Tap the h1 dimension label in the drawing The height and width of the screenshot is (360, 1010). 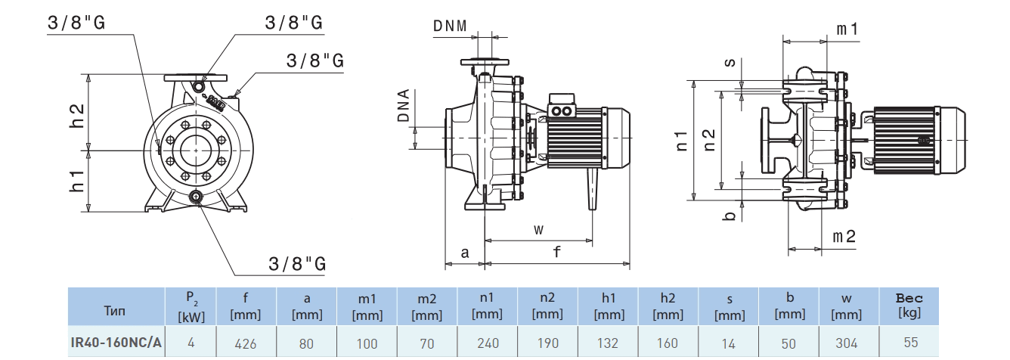(x=76, y=180)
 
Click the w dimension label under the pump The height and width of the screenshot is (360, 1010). (x=538, y=229)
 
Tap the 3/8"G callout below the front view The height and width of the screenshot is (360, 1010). (x=297, y=264)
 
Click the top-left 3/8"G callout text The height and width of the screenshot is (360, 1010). (x=76, y=23)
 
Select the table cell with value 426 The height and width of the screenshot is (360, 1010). (x=246, y=343)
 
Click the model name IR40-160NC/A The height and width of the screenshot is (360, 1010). (x=116, y=343)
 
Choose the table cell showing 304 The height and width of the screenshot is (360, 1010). (x=847, y=343)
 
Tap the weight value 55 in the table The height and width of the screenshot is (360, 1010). (x=910, y=343)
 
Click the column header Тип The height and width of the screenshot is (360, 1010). (x=116, y=310)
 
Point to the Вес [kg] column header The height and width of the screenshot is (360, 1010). (x=909, y=306)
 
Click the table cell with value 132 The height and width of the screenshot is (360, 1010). (x=608, y=343)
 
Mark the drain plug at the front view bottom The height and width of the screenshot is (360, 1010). (x=197, y=198)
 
